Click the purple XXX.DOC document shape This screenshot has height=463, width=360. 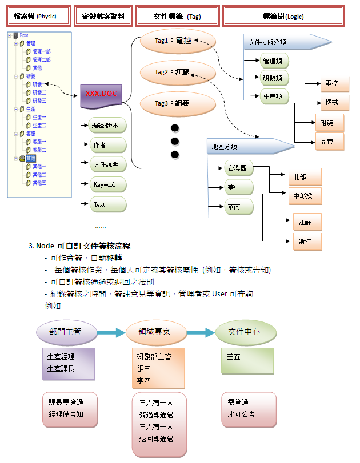point(101,94)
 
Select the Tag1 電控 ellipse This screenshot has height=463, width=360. point(177,42)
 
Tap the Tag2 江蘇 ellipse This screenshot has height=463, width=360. point(177,73)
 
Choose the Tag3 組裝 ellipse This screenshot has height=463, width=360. point(177,104)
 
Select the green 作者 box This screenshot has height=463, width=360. point(107,145)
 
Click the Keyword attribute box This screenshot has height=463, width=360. point(107,184)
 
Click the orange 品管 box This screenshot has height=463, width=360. point(330,142)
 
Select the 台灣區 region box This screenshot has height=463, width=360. point(238,168)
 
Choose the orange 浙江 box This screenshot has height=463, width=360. point(307,242)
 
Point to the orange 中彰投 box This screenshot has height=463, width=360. point(305,196)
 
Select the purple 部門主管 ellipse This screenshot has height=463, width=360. point(66,332)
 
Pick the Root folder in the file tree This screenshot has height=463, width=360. point(24,35)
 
